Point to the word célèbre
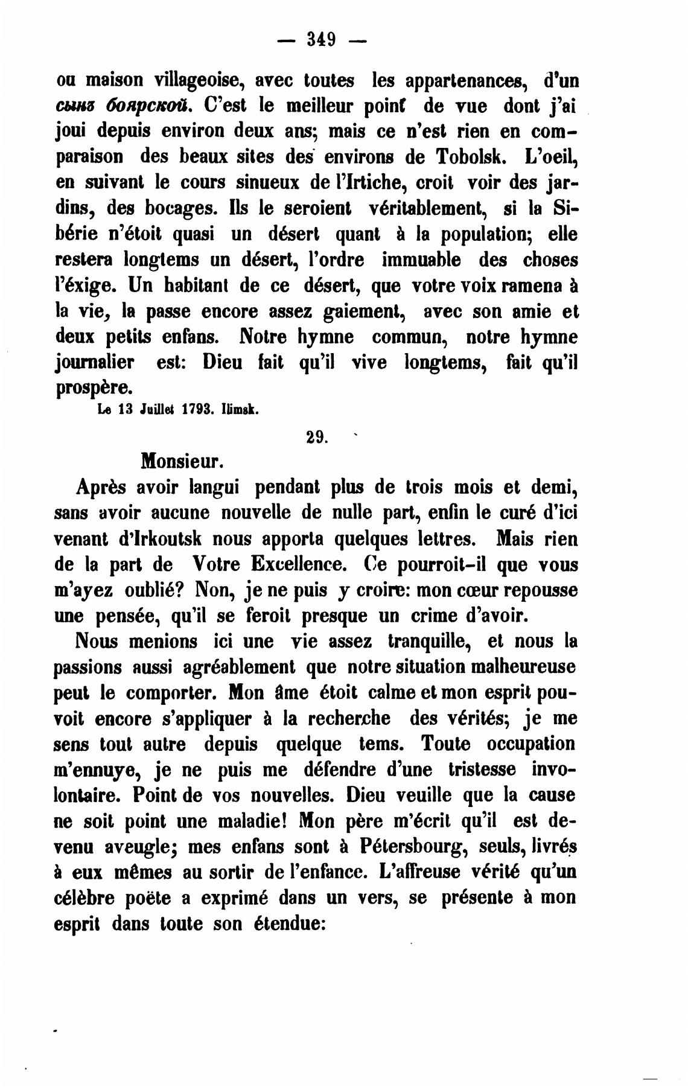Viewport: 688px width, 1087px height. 85,899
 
